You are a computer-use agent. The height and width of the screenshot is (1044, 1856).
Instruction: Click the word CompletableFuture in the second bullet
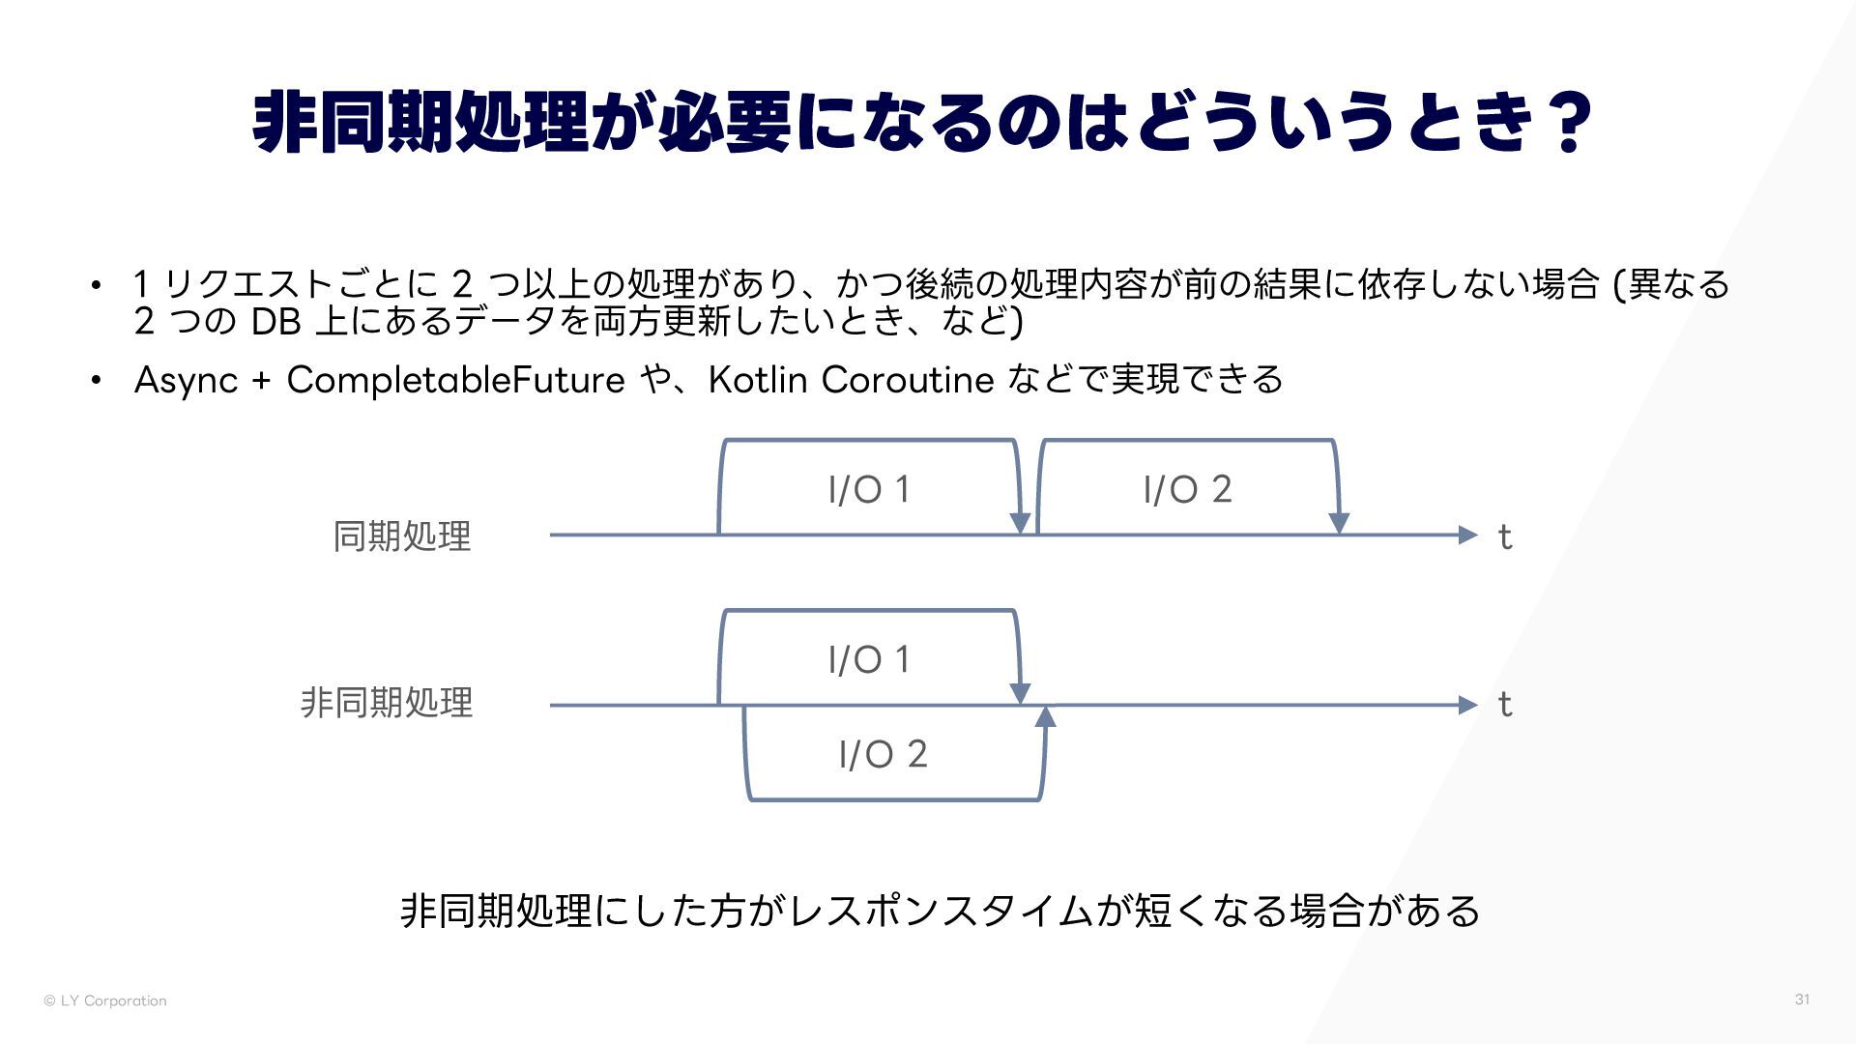point(455,380)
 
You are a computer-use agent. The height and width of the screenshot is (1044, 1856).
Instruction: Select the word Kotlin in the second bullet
point(757,380)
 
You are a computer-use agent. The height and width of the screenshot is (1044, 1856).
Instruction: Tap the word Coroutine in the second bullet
point(907,380)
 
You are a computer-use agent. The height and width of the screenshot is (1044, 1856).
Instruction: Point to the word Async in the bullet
point(186,380)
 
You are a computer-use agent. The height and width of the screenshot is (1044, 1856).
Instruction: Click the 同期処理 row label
point(401,536)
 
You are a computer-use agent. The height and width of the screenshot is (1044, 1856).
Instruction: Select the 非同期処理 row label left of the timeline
point(386,703)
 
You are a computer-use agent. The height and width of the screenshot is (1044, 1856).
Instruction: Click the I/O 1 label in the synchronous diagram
point(869,490)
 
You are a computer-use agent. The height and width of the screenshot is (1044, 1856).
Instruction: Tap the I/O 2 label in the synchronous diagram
point(1187,490)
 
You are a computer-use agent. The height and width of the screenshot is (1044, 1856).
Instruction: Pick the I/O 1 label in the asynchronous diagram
point(869,660)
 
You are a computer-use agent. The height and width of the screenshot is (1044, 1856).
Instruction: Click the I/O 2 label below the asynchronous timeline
point(883,754)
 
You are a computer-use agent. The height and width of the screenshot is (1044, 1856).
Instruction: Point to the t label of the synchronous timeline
point(1504,536)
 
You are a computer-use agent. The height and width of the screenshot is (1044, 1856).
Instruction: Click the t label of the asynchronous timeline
point(1504,705)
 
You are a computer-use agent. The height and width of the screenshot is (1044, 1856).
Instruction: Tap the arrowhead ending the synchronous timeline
point(1468,535)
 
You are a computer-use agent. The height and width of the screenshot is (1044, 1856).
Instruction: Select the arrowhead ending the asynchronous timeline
point(1468,705)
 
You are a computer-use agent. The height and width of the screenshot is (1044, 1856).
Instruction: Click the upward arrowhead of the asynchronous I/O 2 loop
point(1045,716)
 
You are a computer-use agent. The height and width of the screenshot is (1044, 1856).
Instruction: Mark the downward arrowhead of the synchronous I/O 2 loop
point(1339,522)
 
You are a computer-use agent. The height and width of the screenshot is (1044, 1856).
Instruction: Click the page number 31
point(1802,1000)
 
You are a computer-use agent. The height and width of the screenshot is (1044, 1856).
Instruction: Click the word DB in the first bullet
point(275,322)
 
